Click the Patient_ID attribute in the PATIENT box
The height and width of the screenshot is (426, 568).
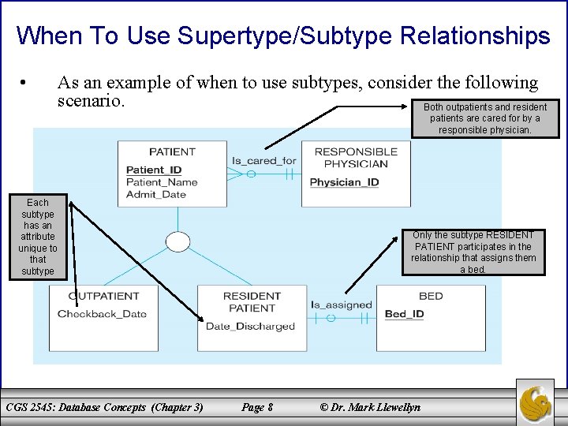pyautogui.click(x=154, y=170)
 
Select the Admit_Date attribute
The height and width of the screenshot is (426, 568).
pyautogui.click(x=156, y=194)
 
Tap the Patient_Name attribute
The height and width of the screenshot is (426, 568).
pyautogui.click(x=162, y=182)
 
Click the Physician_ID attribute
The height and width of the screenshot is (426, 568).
pyautogui.click(x=344, y=182)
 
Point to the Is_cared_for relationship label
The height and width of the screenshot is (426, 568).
pyautogui.click(x=263, y=160)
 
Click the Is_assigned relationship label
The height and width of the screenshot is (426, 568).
pyautogui.click(x=341, y=305)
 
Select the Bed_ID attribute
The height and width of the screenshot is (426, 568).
pyautogui.click(x=404, y=314)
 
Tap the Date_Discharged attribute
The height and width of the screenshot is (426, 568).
pyautogui.click(x=250, y=326)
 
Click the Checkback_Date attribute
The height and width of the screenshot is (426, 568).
pyautogui.click(x=102, y=313)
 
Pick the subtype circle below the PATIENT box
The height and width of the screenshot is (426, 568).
pyautogui.click(x=178, y=242)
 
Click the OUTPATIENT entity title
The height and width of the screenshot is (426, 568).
pyautogui.click(x=103, y=296)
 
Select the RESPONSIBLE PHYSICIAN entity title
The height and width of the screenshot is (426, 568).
pyautogui.click(x=356, y=158)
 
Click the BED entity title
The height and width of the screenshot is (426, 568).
pyautogui.click(x=431, y=296)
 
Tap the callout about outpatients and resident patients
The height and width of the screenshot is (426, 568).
pyautogui.click(x=484, y=118)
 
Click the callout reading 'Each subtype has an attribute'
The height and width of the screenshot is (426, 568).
pyautogui.click(x=38, y=237)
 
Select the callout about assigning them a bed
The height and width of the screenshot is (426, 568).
pyautogui.click(x=473, y=252)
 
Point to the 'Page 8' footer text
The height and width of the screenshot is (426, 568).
pyautogui.click(x=257, y=407)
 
